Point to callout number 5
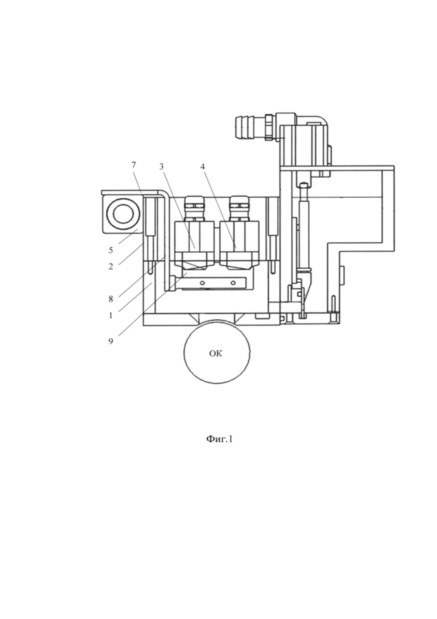(111, 250)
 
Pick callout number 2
(111, 267)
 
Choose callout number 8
(111, 299)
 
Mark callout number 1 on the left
(111, 315)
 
